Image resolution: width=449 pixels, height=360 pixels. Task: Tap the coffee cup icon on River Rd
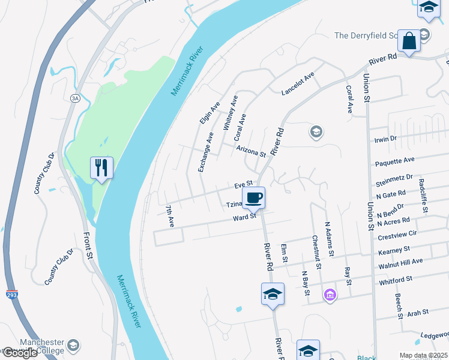[x=253, y=197]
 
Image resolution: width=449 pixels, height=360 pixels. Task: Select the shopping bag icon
[x=409, y=41]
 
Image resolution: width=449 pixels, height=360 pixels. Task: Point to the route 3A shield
[x=75, y=98]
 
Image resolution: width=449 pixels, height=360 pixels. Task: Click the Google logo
[x=19, y=353]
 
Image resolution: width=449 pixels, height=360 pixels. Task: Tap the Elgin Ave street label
[x=210, y=113]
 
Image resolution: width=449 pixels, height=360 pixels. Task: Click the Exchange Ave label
[x=205, y=152]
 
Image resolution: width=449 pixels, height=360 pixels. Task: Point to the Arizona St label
[x=251, y=151]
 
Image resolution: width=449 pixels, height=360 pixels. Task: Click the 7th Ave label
[x=170, y=216]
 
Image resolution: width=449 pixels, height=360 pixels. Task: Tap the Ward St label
[x=245, y=217]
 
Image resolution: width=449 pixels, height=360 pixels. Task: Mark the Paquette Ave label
[x=395, y=161]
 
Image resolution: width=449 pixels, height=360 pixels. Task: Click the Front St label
[x=90, y=246]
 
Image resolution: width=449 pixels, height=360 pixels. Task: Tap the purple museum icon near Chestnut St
[x=330, y=295]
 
